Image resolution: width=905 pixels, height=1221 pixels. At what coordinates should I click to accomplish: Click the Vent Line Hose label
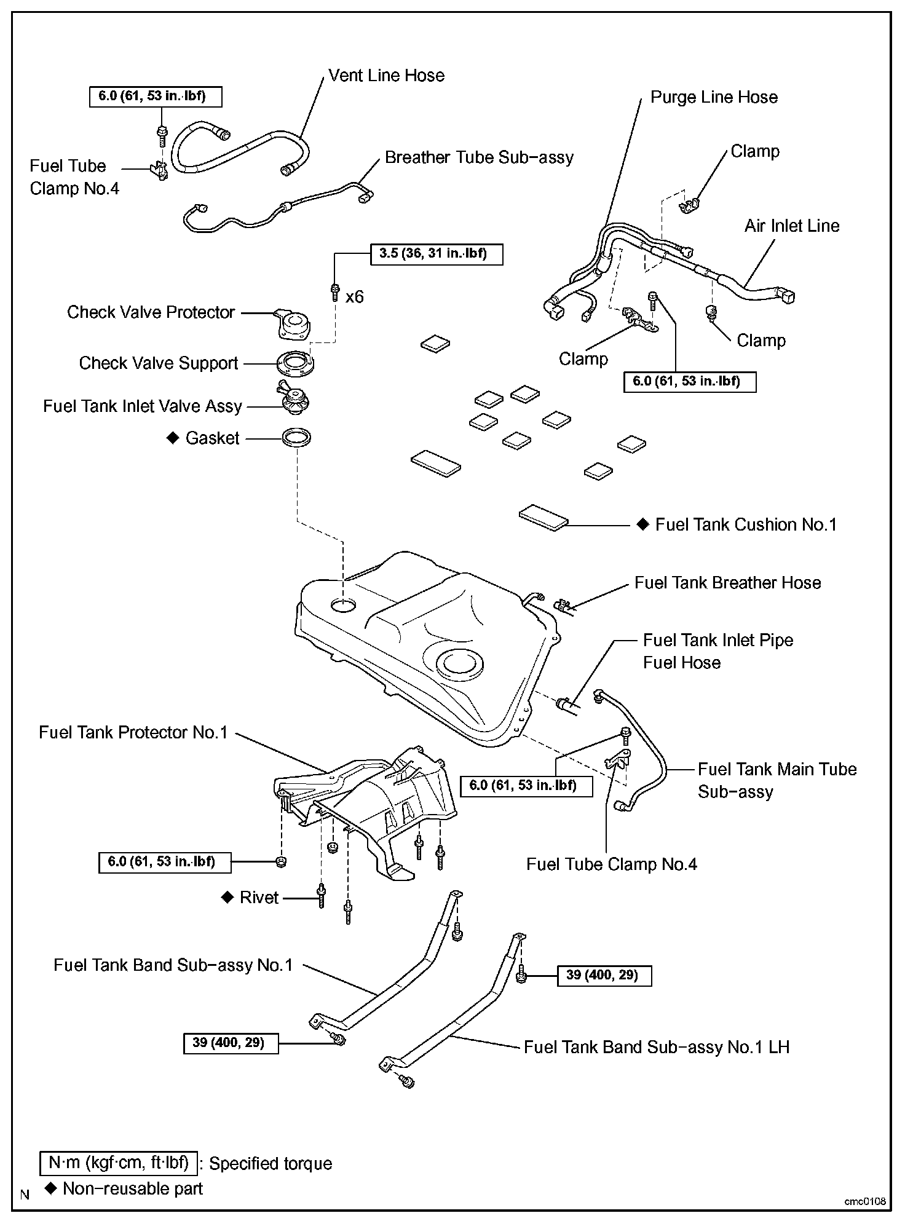click(386, 76)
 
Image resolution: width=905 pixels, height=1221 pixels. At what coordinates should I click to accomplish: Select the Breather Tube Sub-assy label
click(479, 157)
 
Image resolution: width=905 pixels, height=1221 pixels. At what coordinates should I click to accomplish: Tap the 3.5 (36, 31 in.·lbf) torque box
click(437, 254)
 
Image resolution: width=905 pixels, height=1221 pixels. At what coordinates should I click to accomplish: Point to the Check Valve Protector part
click(293, 324)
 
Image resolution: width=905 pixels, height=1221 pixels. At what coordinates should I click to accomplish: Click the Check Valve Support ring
click(296, 363)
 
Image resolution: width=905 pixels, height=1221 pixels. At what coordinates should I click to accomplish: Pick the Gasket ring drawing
click(296, 438)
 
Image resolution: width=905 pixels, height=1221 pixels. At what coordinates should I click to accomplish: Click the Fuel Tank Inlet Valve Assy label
click(143, 406)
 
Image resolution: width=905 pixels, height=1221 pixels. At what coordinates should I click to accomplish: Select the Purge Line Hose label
click(714, 97)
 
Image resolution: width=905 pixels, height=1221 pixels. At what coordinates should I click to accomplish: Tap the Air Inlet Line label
click(792, 226)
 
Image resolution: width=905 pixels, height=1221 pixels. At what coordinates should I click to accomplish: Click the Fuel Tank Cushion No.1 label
click(746, 524)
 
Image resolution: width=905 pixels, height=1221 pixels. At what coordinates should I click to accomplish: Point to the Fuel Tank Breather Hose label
click(727, 583)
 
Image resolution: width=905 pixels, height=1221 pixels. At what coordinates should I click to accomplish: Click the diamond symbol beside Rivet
click(227, 898)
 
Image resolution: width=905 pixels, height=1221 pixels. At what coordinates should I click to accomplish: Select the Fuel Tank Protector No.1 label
click(133, 732)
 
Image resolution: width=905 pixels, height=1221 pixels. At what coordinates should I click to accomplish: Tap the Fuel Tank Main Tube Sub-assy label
click(777, 780)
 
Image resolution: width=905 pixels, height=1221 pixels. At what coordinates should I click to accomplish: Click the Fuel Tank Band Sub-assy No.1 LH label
click(656, 1047)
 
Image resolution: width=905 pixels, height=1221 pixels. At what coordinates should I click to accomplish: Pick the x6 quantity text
click(355, 297)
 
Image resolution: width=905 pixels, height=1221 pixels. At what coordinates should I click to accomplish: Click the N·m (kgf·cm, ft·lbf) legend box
click(119, 1163)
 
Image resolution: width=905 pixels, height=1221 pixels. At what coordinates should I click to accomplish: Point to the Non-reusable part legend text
click(133, 1188)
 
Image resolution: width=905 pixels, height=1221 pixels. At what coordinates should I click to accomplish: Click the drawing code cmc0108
click(865, 1201)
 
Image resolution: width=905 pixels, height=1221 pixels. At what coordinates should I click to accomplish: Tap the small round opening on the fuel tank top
click(343, 605)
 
